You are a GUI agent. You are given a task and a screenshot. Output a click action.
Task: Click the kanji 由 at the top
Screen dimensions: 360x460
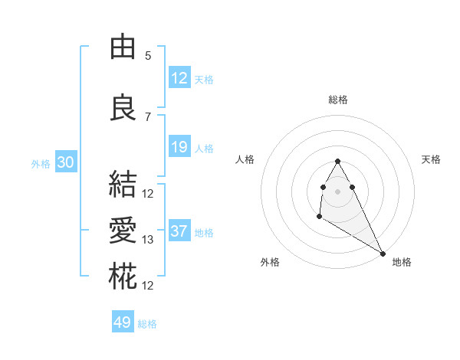pos(123,47)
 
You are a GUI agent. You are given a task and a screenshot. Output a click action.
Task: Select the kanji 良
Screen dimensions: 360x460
pos(123,108)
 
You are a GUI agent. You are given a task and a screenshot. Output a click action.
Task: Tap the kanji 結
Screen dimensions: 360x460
pos(123,185)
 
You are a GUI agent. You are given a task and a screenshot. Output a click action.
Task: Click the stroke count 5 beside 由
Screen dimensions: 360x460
pos(148,55)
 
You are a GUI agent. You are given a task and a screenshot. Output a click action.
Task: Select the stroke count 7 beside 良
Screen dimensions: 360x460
pos(148,116)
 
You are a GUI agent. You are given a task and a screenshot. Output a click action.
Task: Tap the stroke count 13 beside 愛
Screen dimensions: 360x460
pos(148,240)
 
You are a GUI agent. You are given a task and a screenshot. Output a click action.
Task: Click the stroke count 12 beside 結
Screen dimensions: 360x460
pos(148,193)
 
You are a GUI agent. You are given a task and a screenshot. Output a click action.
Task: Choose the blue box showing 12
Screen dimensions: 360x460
pos(179,78)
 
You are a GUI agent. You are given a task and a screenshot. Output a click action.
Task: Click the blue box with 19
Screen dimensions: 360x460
pos(179,147)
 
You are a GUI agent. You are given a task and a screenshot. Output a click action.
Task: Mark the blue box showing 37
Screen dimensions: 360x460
pos(179,231)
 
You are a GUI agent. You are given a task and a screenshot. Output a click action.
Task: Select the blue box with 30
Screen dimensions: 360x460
pos(65,162)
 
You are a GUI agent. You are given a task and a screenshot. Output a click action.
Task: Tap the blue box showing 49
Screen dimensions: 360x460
pos(123,322)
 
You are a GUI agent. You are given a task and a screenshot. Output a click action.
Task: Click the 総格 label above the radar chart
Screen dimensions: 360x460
pos(338,100)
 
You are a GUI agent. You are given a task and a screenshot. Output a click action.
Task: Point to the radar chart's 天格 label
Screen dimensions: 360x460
pos(432,159)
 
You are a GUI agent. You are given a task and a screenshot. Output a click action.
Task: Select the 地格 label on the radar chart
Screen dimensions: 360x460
pos(402,262)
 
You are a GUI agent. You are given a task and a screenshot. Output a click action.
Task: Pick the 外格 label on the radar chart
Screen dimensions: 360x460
pos(270,262)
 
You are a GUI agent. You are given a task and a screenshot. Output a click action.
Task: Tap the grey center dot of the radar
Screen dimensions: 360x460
pos(338,190)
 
